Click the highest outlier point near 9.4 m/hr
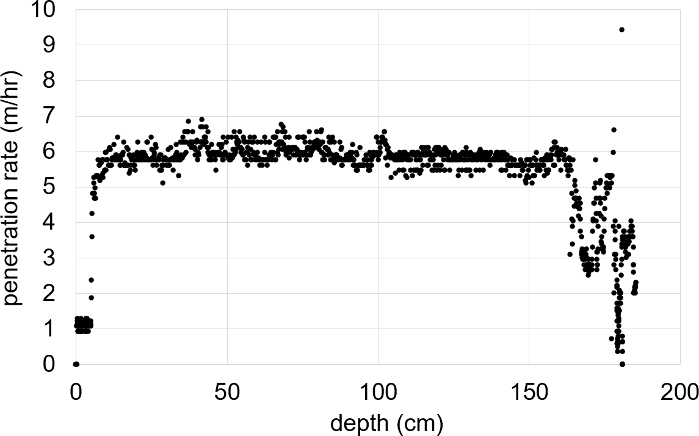click(621, 29)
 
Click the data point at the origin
click(76, 364)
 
